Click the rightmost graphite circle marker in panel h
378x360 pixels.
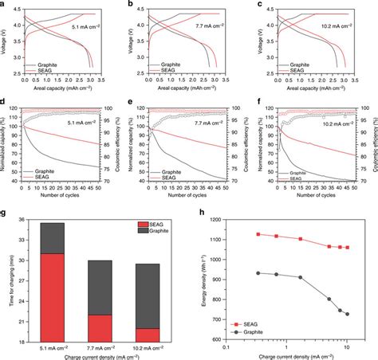tap(348, 314)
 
